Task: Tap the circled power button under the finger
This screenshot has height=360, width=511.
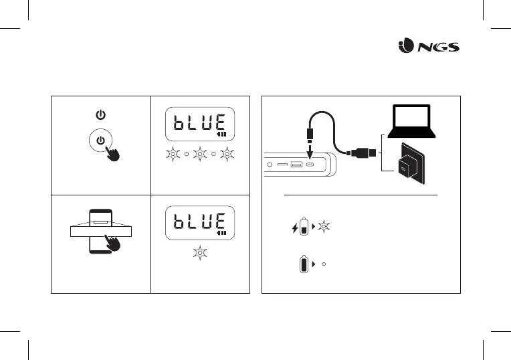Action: pos(100,141)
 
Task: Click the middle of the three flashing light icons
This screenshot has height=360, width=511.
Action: pos(200,155)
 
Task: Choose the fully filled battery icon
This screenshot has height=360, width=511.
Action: pos(304,264)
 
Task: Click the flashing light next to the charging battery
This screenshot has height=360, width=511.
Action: pos(324,228)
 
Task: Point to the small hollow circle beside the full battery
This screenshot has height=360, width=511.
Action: pos(323,264)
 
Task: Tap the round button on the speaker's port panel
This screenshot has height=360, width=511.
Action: pos(270,164)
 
